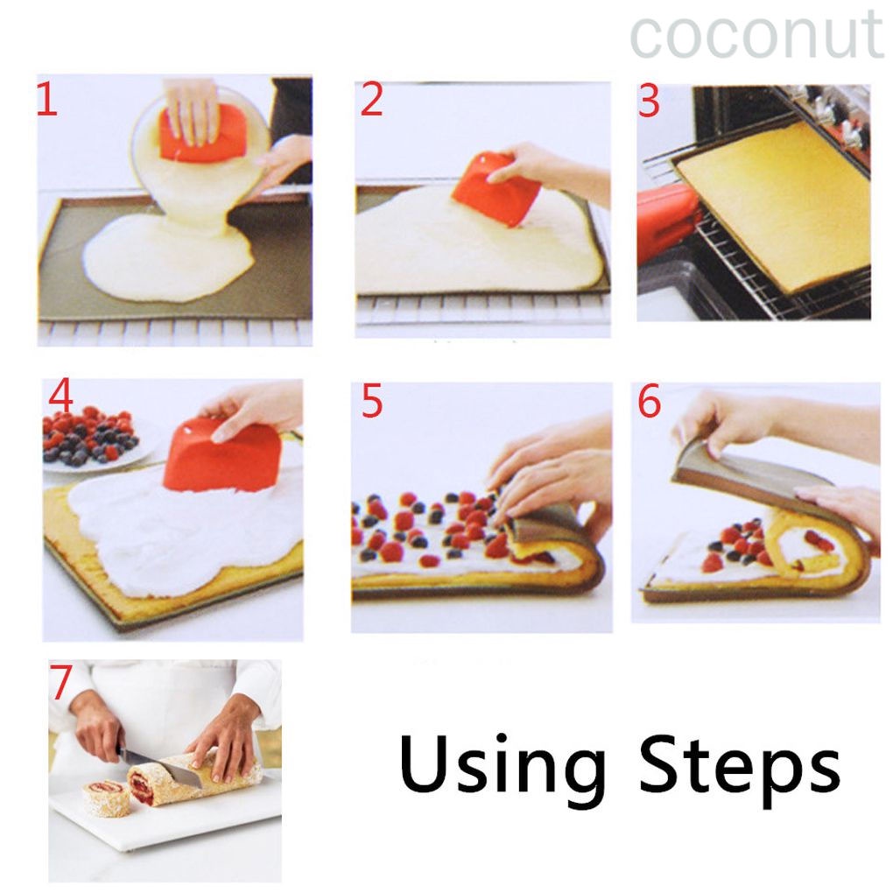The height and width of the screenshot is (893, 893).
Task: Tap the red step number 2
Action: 371,101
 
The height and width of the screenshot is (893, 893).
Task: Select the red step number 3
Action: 649,102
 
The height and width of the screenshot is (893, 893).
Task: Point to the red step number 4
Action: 60,397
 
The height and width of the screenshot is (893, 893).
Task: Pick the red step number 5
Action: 372,402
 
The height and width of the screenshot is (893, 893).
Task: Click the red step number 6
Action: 649,402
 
